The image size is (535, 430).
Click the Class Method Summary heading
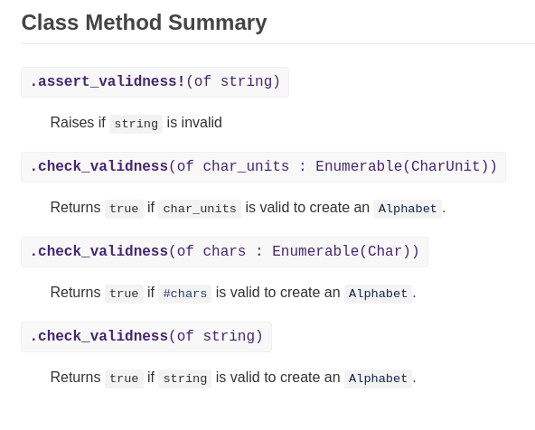[144, 23]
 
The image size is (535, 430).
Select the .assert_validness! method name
[108, 81]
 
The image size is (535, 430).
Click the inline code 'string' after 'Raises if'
[136, 124]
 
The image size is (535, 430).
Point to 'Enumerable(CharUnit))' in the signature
[406, 166]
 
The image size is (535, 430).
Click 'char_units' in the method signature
[246, 166]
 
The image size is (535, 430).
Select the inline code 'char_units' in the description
[200, 209]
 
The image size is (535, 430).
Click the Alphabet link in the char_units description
[408, 209]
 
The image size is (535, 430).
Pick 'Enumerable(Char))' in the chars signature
[345, 251]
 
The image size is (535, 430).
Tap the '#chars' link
[185, 294]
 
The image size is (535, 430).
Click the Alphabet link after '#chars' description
[378, 294]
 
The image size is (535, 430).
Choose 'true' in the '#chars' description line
[124, 294]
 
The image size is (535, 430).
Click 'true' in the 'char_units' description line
[124, 209]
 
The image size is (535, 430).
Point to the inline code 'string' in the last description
[185, 379]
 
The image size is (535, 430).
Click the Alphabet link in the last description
[378, 379]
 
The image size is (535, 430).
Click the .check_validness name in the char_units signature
[99, 166]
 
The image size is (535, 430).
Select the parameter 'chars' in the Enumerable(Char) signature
[224, 251]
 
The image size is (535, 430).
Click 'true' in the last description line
[124, 379]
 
